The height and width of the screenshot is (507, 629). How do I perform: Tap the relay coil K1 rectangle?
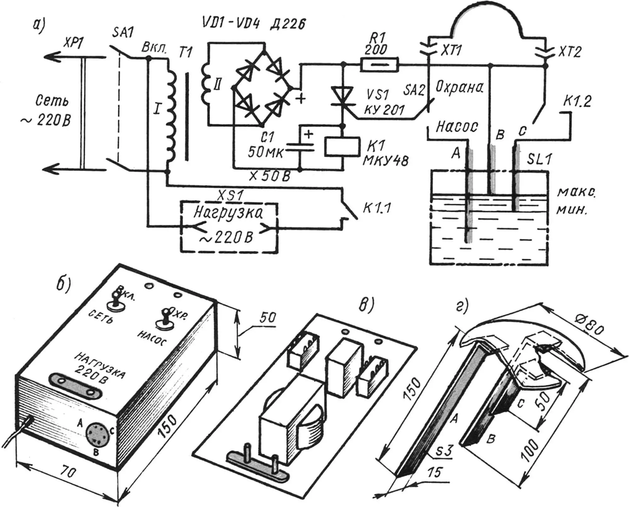point(342,146)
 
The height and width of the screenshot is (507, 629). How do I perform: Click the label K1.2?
point(577,101)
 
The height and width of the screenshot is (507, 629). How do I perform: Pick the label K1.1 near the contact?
point(377,208)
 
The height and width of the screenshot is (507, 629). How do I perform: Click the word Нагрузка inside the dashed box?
point(228,214)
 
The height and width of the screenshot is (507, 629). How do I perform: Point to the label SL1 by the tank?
point(540,159)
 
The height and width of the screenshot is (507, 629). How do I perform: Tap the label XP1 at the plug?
point(72,44)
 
